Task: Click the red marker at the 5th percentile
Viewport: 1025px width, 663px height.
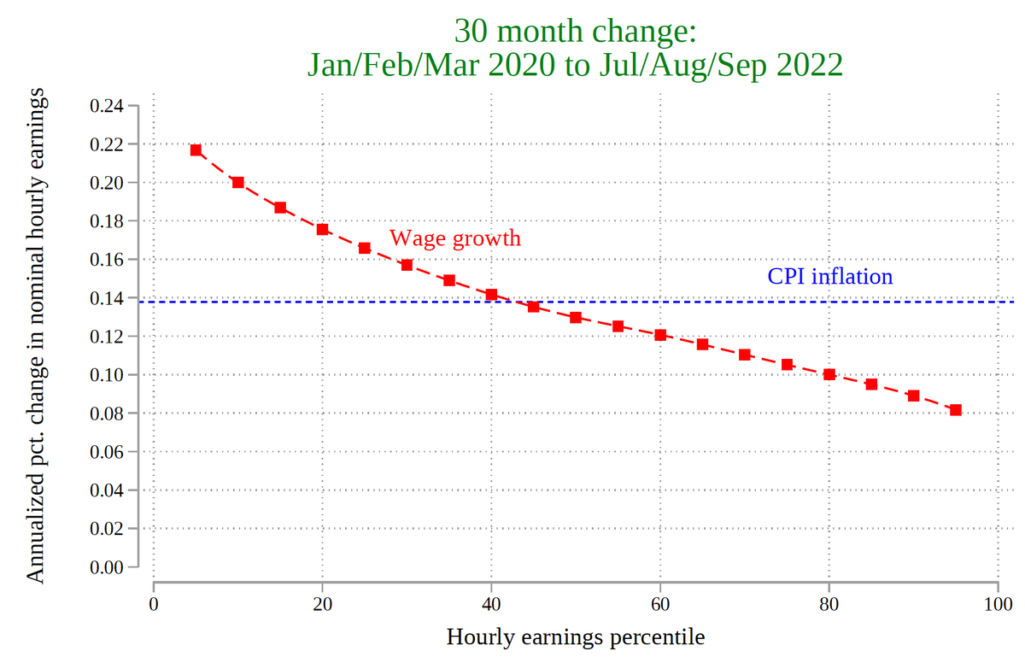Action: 196,150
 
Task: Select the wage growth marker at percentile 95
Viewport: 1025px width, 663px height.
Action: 956,410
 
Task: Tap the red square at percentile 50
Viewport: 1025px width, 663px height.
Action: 576,317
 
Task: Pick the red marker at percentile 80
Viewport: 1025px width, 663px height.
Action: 829,374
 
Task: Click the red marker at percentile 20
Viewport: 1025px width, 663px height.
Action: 322,229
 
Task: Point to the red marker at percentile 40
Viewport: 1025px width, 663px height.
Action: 491,295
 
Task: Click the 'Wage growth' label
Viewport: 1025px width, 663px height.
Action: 454,238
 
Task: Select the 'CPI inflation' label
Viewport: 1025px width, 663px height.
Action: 829,276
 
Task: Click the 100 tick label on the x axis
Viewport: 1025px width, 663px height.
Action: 998,606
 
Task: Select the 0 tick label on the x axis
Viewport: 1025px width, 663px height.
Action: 154,606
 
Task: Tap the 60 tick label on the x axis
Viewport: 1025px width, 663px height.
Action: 660,606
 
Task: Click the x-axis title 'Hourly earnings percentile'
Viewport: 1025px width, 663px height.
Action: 576,637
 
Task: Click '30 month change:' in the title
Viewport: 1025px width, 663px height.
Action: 576,32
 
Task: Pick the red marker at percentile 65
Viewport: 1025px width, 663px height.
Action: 702,344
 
